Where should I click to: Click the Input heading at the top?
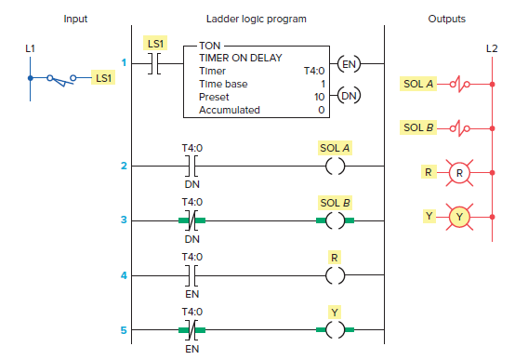[76, 19]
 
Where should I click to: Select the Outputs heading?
[447, 19]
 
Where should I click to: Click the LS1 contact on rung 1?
[156, 64]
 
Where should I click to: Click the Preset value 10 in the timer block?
[318, 97]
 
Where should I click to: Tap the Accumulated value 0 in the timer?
[321, 110]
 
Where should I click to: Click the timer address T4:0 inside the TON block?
[315, 71]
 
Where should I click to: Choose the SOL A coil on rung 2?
[336, 167]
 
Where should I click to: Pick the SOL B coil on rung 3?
[336, 220]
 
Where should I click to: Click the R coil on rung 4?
[336, 275]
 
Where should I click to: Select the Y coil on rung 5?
[336, 329]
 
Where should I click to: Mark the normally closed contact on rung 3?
[190, 220]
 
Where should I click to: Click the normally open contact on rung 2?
[190, 167]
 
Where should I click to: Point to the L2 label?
[492, 47]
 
